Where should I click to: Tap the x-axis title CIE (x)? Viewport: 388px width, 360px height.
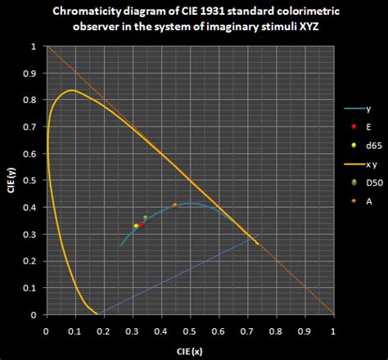[x=189, y=349]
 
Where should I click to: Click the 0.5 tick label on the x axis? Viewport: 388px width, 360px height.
[x=190, y=332]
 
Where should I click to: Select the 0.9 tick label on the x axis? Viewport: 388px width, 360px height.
[x=305, y=332]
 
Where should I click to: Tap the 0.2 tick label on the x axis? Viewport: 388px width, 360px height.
[x=103, y=332]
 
